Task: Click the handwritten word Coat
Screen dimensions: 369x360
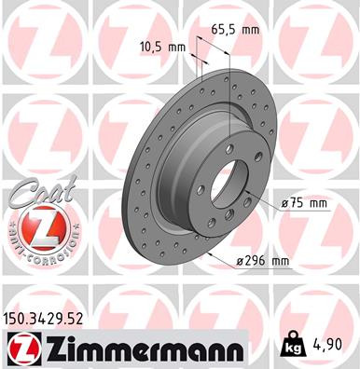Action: [x=35, y=194]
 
